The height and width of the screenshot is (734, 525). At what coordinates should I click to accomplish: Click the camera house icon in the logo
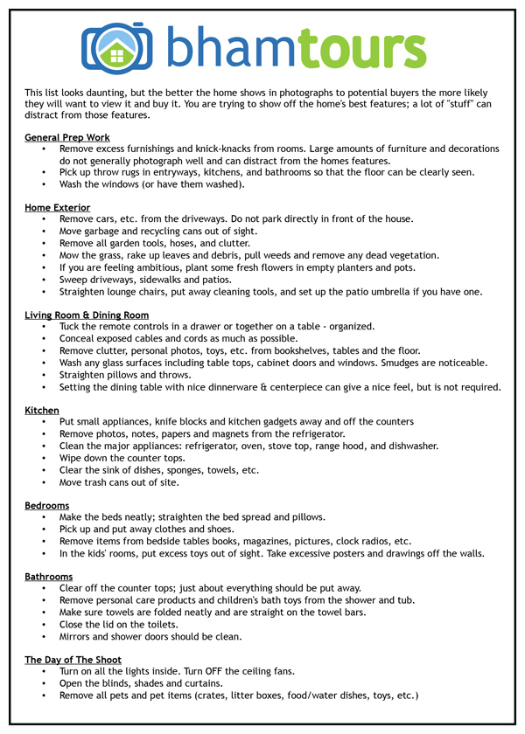[115, 47]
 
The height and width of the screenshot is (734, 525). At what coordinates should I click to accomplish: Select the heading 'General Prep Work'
[67, 137]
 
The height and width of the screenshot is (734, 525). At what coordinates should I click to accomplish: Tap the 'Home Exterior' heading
[58, 207]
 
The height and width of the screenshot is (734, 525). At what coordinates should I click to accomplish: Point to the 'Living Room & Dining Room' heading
[87, 315]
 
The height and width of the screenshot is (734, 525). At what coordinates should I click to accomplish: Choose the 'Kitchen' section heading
[42, 410]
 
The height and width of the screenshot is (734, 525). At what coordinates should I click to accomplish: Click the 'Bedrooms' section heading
[47, 505]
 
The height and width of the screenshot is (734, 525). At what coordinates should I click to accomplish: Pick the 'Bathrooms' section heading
[49, 577]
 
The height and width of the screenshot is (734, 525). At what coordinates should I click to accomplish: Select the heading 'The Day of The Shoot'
[73, 660]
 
